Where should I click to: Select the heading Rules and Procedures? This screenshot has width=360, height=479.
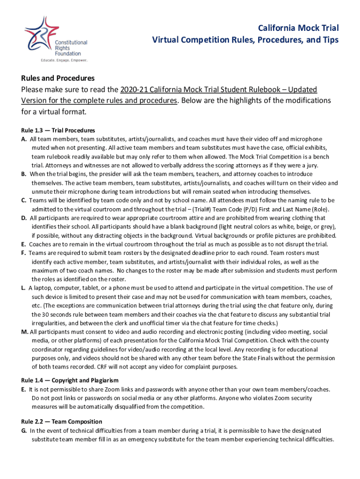(x=58, y=78)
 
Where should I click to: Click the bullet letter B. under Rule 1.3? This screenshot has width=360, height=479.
(x=23, y=174)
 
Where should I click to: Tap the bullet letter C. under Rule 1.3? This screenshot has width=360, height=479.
(x=23, y=200)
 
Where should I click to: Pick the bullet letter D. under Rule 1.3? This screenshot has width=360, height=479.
(x=23, y=218)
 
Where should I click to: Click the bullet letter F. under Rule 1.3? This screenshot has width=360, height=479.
(x=23, y=253)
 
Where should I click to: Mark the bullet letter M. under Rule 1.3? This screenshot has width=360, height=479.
(x=24, y=332)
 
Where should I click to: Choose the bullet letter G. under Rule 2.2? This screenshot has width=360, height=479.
(x=23, y=430)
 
